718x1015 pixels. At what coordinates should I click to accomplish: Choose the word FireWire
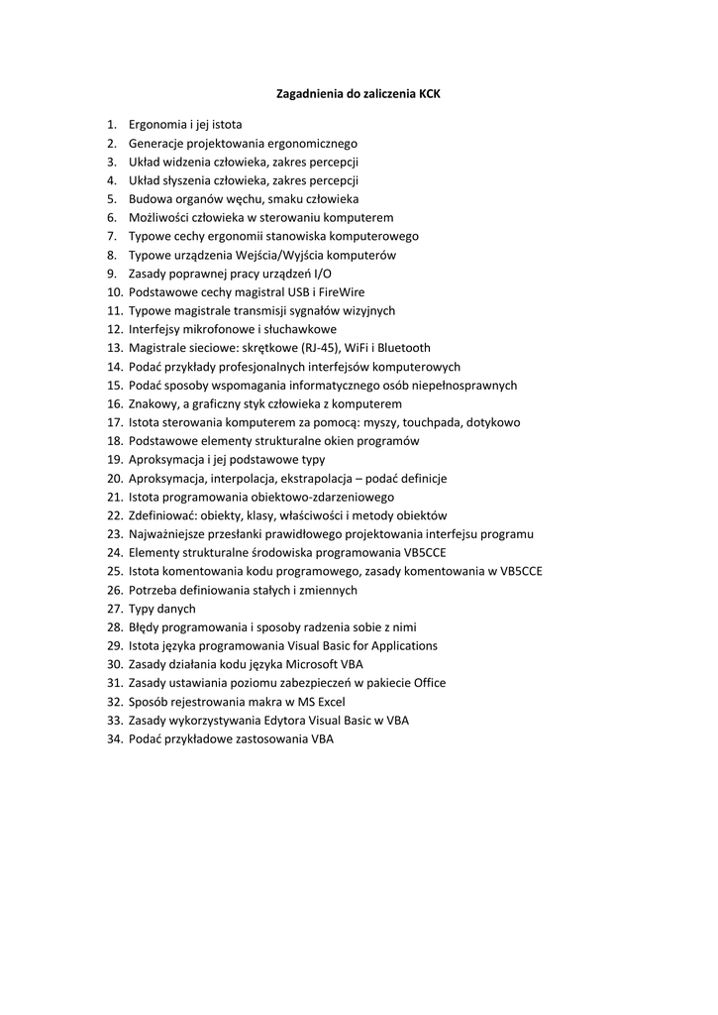point(340,292)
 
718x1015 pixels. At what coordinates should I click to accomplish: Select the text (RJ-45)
point(316,348)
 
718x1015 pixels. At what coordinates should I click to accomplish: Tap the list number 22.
point(113,515)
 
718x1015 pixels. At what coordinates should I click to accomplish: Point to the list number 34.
point(113,738)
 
